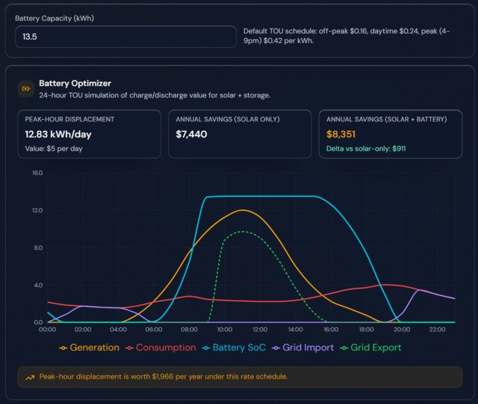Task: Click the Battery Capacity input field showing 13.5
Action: coord(126,37)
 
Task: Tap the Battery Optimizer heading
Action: coord(75,83)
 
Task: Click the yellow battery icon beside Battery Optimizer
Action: coord(26,89)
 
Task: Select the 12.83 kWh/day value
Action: coord(59,134)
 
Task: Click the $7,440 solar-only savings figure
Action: coord(191,134)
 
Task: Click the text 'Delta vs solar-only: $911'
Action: coord(366,149)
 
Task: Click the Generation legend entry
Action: coord(91,348)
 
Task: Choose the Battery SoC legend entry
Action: coord(236,348)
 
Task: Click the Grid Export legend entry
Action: coord(375,348)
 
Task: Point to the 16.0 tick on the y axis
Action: coord(37,173)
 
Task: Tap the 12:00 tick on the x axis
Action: coord(260,330)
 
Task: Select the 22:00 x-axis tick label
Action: coord(438,330)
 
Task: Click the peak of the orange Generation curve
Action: coord(242,210)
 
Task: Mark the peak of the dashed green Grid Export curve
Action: coord(242,232)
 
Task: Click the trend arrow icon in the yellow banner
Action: coord(30,377)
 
